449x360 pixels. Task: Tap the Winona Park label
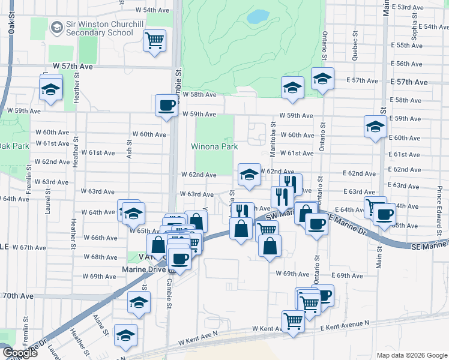pyautogui.click(x=214, y=146)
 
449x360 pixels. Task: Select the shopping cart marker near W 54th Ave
pyautogui.click(x=155, y=41)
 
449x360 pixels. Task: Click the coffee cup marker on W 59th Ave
pyautogui.click(x=166, y=106)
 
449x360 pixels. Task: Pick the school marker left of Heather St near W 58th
pyautogui.click(x=51, y=89)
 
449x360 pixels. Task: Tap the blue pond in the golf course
pyautogui.click(x=258, y=16)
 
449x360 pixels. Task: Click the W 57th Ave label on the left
pyautogui.click(x=76, y=67)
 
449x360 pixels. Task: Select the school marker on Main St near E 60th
pyautogui.click(x=375, y=127)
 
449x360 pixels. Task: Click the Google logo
pyautogui.click(x=19, y=353)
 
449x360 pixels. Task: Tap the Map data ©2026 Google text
pyautogui.click(x=411, y=355)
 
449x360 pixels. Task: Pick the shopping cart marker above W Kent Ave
pyautogui.click(x=293, y=321)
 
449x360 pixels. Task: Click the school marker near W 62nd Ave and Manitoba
pyautogui.click(x=249, y=175)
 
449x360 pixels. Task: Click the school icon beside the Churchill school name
pyautogui.click(x=57, y=28)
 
